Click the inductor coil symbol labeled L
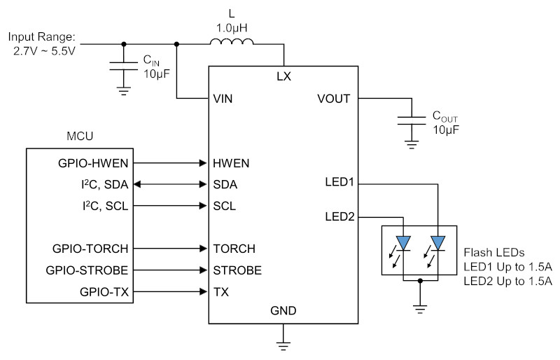[232, 41]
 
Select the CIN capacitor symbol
[124, 66]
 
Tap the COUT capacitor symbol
[412, 120]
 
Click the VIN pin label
[223, 99]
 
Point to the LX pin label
[284, 76]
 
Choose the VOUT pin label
[334, 99]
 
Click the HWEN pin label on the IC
[231, 163]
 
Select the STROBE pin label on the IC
[237, 270]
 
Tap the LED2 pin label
[339, 216]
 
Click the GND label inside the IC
[283, 311]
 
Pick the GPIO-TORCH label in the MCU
[90, 249]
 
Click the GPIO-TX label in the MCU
[104, 292]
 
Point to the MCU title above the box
[80, 136]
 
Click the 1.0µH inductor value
[232, 28]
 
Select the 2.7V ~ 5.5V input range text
[45, 51]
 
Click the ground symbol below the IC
[283, 346]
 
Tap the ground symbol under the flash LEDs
[420, 310]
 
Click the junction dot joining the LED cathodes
[421, 281]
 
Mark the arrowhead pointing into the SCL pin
[203, 206]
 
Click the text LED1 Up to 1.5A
[508, 267]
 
